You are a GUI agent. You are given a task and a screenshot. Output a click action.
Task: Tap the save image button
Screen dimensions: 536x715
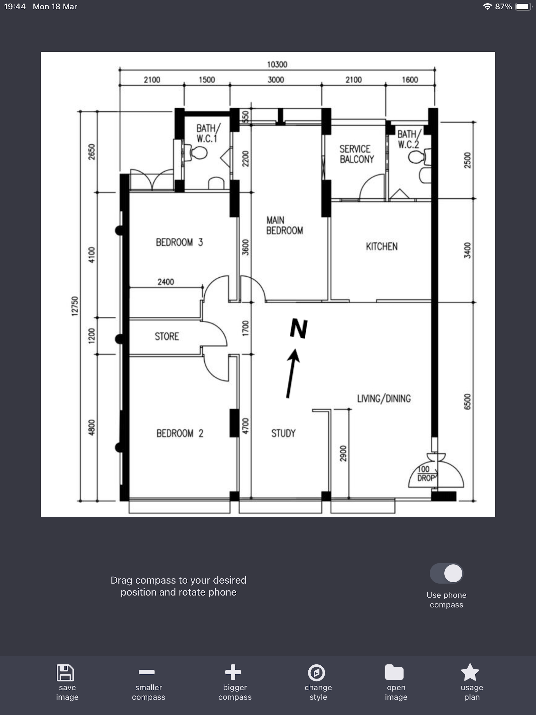click(67, 682)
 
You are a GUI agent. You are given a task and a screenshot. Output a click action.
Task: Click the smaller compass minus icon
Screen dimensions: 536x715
click(147, 672)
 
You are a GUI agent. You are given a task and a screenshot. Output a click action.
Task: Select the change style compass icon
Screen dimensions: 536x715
click(316, 673)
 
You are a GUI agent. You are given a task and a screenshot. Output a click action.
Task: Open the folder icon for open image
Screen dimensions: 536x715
click(394, 672)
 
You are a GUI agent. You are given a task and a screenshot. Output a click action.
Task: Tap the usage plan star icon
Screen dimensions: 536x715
click(470, 672)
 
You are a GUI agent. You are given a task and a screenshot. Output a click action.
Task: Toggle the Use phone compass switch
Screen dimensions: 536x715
click(446, 573)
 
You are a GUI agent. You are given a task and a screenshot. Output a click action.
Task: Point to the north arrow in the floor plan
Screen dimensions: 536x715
click(293, 373)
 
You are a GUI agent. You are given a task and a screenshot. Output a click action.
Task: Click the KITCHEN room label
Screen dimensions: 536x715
click(382, 247)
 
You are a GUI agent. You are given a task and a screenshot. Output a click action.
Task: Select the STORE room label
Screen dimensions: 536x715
click(167, 337)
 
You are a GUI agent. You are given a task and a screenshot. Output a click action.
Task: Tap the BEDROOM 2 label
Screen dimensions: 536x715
click(180, 433)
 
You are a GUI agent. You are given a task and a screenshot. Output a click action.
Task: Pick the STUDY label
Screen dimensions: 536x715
click(283, 433)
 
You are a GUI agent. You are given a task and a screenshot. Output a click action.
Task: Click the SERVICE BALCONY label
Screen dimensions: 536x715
click(356, 154)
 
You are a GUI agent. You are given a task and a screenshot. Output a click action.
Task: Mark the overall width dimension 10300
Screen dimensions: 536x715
click(277, 65)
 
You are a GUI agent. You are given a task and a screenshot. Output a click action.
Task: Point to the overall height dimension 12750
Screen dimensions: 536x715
click(75, 306)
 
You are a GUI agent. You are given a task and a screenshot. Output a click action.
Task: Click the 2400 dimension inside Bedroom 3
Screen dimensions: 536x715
click(166, 282)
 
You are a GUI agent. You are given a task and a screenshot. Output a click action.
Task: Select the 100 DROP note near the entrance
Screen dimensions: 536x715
click(426, 473)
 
